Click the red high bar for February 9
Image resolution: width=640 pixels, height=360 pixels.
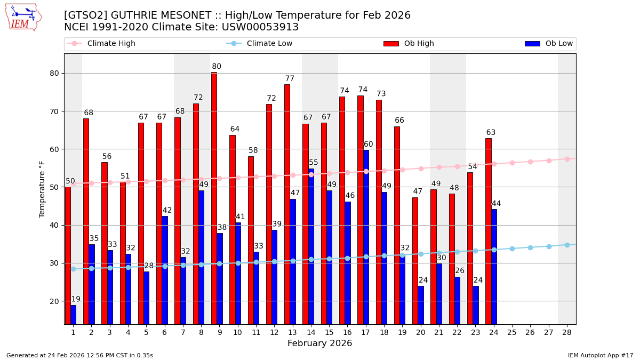click(214, 198)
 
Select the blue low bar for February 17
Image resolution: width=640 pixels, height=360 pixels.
click(366, 237)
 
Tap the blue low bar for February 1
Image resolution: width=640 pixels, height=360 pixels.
click(73, 314)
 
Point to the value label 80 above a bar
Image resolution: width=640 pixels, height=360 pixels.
click(217, 67)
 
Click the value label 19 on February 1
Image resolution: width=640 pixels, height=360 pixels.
click(76, 299)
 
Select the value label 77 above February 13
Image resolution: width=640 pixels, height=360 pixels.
click(290, 78)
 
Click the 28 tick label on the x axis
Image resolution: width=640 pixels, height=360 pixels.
click(566, 332)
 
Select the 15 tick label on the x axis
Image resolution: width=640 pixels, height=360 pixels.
click(329, 332)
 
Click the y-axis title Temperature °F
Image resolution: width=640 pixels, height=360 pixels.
click(42, 189)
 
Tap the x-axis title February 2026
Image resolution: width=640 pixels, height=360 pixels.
click(319, 343)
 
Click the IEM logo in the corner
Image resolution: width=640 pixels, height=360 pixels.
click(23, 17)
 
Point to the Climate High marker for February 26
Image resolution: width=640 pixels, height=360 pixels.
click(530, 162)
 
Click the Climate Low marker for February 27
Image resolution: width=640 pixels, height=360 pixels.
click(548, 246)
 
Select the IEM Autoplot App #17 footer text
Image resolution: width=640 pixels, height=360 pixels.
click(600, 355)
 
